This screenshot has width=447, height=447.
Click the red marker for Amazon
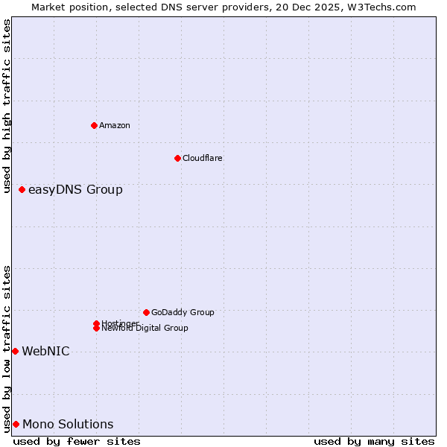pos(94,125)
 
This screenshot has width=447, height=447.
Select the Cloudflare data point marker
pos(177,158)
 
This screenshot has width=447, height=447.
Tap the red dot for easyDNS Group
pos(22,190)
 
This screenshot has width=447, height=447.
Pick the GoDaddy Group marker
pos(146,312)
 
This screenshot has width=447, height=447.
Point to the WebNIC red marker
pos(15,351)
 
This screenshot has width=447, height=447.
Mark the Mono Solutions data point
pos(16,424)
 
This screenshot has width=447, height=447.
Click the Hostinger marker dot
pos(97,323)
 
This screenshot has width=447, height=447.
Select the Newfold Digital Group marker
pos(97,329)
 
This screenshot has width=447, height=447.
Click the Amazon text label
pos(115,125)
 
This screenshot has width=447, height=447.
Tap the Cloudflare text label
pos(203,158)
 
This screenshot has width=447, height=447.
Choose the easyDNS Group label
pos(75,190)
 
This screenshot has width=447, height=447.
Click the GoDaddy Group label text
pos(183,312)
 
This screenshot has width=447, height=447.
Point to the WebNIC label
pos(45,352)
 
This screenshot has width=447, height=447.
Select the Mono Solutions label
pos(68,425)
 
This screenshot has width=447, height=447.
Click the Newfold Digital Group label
pos(145,329)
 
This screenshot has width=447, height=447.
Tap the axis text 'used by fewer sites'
pos(77,441)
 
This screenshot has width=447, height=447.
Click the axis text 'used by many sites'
pos(374,441)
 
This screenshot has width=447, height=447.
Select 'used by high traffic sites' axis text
pos(7,107)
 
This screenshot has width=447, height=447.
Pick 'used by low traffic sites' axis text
pos(7,349)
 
